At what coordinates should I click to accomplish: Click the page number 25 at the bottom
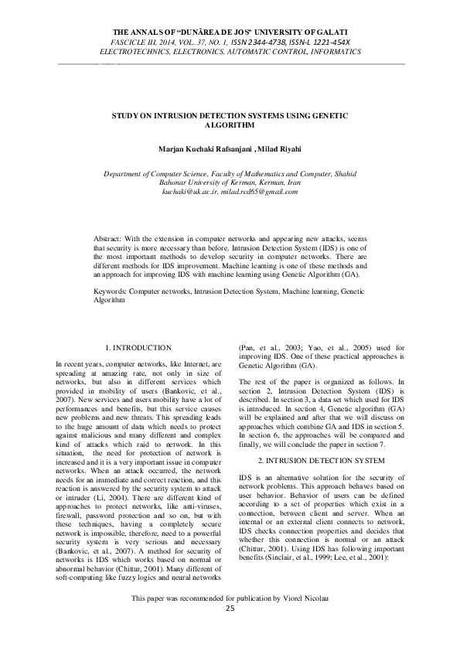coord(230,630)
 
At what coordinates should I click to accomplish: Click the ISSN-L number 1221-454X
coord(328,39)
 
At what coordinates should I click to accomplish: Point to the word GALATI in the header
coord(339,29)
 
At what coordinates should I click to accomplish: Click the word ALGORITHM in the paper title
coord(230,124)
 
